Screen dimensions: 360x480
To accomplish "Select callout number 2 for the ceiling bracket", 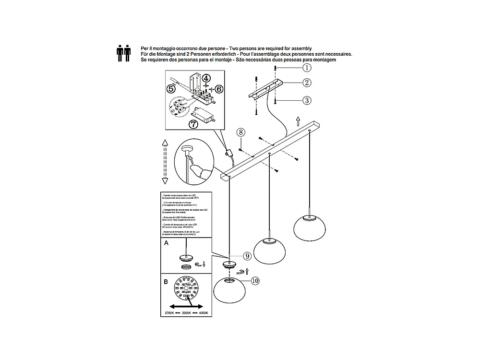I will [307, 83].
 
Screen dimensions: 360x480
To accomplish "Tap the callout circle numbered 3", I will [307, 100].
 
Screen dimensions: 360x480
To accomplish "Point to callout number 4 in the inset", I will [205, 78].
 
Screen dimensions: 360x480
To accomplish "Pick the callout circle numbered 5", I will [171, 88].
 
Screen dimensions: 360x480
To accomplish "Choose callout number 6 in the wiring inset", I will [219, 89].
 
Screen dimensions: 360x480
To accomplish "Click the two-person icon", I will [123, 54].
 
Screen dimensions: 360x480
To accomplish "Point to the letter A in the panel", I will [166, 243].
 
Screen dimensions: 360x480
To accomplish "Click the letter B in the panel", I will [166, 282].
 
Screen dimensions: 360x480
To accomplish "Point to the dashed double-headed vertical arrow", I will [165, 162].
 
